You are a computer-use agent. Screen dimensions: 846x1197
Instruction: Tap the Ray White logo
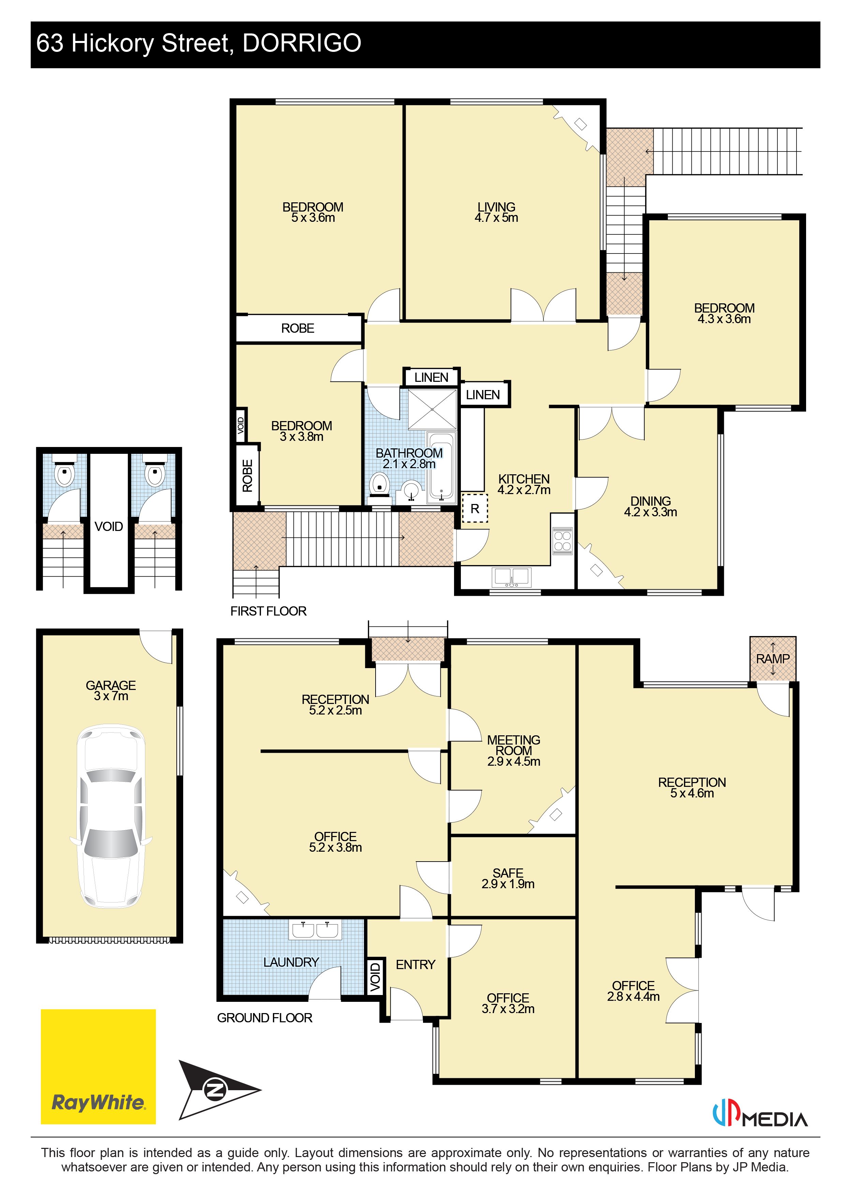click(x=99, y=1067)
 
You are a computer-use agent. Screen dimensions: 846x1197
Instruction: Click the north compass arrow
click(x=219, y=1090)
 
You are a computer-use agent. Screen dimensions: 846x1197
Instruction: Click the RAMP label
click(x=773, y=659)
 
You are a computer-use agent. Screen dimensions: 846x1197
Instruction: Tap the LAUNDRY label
click(x=291, y=962)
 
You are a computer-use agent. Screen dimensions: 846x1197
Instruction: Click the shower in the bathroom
click(x=432, y=409)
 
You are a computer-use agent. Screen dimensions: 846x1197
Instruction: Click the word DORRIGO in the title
click(x=302, y=43)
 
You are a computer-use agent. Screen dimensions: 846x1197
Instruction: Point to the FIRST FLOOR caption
click(x=268, y=611)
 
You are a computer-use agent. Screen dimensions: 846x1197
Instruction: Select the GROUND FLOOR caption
click(x=265, y=1018)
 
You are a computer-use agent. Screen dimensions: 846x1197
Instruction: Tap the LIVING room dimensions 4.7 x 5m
click(x=496, y=218)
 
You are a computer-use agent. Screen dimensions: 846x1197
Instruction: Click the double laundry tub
click(x=315, y=929)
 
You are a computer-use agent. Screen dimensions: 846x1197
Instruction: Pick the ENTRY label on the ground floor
click(x=415, y=965)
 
